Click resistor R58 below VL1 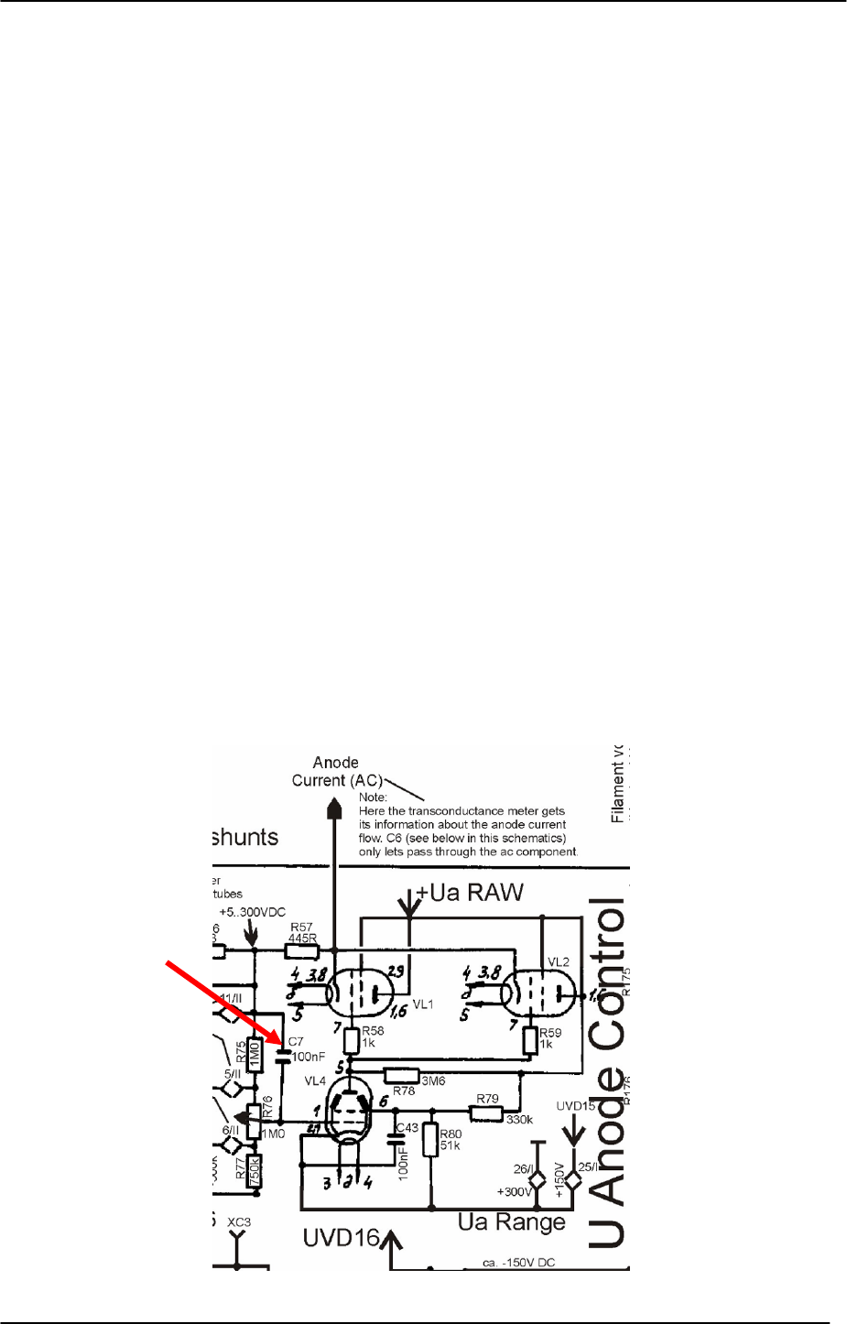353,1040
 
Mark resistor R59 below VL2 529,1040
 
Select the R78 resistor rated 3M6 401,1075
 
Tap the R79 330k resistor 486,1113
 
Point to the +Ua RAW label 470,891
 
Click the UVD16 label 341,1239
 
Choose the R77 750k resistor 255,1169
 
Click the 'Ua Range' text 512,1222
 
